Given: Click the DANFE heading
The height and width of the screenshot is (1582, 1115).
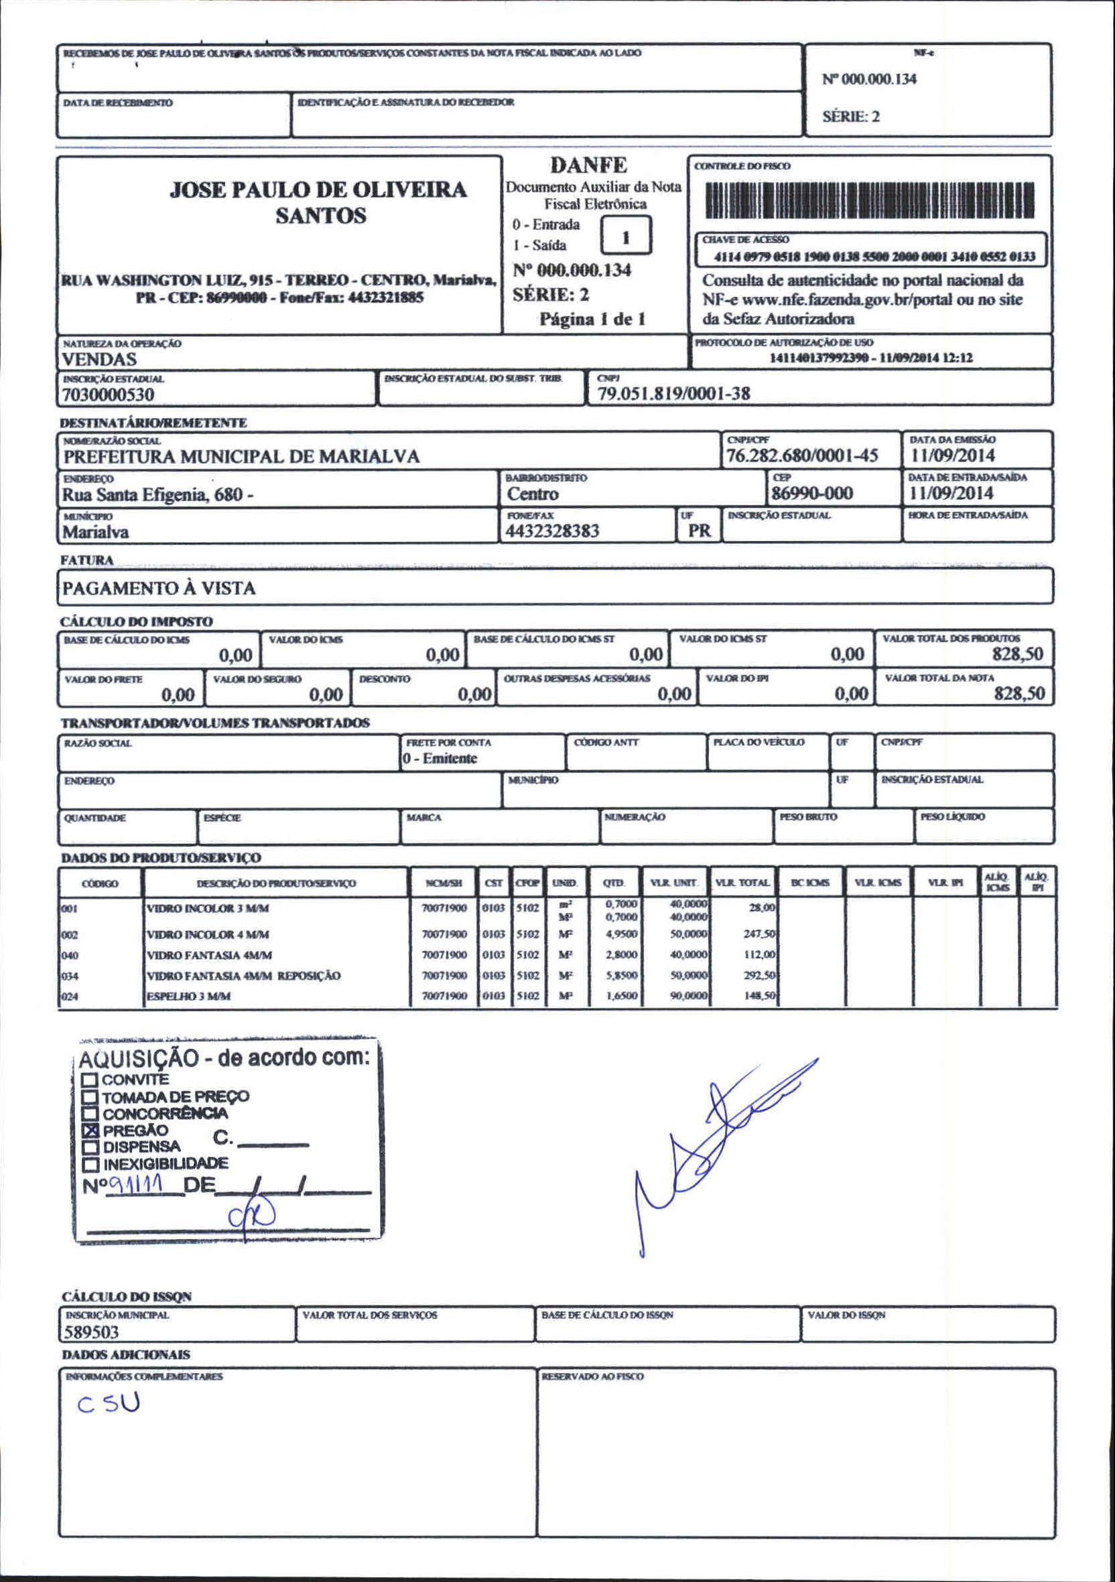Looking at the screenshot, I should point(588,165).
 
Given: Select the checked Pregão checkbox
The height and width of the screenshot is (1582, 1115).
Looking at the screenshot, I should point(90,1131).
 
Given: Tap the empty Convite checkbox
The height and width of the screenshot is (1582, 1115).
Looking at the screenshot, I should point(90,1080).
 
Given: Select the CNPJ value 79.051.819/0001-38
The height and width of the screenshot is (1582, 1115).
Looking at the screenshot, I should point(673,393).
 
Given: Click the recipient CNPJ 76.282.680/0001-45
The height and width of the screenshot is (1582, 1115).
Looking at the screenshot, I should point(802,455).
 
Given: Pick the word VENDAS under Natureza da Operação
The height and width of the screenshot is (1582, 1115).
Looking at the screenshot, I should point(99,359).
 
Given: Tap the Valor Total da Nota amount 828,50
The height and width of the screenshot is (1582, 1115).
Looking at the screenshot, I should point(1019,693).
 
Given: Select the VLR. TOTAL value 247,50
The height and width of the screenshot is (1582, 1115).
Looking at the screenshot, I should point(759,934).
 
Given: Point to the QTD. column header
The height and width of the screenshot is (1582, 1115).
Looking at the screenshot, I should point(613,883).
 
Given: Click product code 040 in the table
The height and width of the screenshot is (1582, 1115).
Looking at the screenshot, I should point(70,956).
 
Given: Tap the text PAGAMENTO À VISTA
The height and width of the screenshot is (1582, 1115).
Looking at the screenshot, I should point(159,588).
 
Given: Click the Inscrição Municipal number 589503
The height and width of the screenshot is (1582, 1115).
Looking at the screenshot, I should point(92,1332).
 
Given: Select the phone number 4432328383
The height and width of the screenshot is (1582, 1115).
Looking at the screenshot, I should point(552,531).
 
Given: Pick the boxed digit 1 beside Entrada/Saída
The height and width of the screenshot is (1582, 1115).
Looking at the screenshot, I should point(626,237).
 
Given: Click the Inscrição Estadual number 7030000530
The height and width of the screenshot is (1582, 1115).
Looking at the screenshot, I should point(108,394).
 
